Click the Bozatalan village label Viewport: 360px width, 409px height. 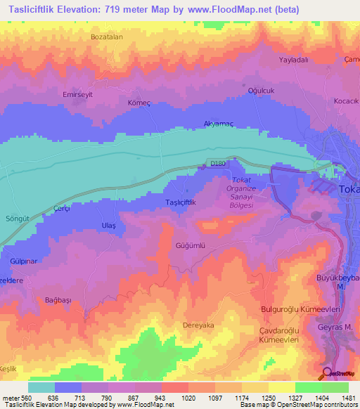coord(107,36)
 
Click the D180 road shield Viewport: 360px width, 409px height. coord(219,164)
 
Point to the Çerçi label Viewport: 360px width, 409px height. coord(64,209)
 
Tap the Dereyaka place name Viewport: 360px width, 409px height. coord(198,325)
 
